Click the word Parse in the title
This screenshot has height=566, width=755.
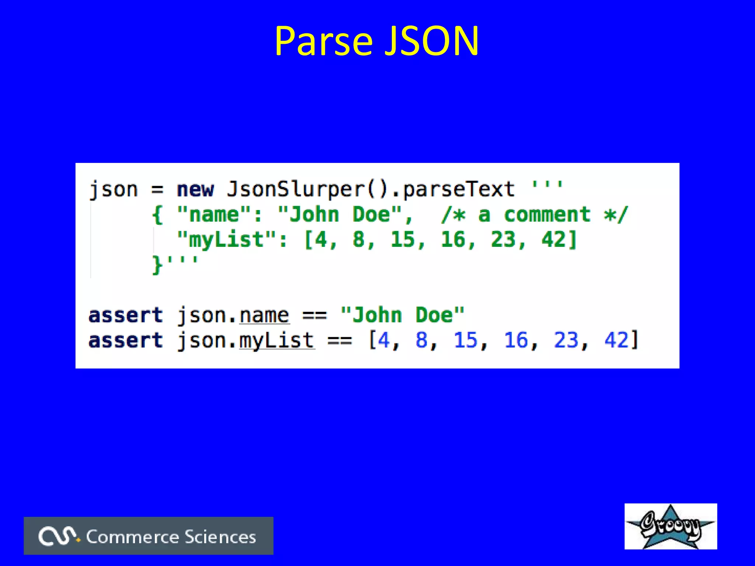[x=324, y=41]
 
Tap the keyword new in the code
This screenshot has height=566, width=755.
[x=195, y=190]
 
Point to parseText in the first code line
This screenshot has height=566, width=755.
[x=458, y=190]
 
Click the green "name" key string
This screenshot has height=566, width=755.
[x=214, y=215]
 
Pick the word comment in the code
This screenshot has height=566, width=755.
[x=547, y=215]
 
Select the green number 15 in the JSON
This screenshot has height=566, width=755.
[x=403, y=240]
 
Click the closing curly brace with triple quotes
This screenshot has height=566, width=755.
[x=174, y=265]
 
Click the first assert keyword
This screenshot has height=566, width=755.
[x=125, y=316]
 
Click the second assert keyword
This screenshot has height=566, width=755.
[x=125, y=341]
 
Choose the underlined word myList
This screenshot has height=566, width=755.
[x=276, y=341]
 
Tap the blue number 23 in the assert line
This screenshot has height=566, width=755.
[x=566, y=340]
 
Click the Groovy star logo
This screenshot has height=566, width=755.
[x=670, y=526]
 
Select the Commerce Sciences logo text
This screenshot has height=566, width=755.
[x=171, y=537]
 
